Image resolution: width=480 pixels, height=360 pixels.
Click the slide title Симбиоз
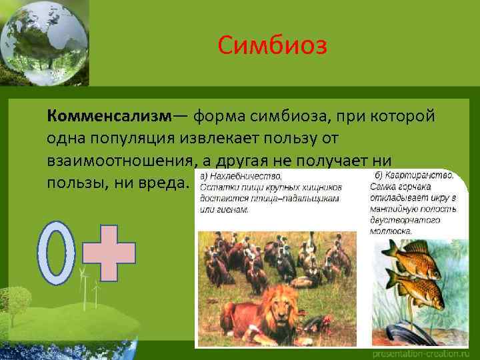pyautogui.click(x=272, y=47)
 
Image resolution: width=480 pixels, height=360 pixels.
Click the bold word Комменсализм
pyautogui.click(x=109, y=116)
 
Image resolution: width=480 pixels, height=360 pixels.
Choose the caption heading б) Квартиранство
pyautogui.click(x=412, y=175)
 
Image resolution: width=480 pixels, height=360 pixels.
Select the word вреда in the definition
pyautogui.click(x=159, y=183)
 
